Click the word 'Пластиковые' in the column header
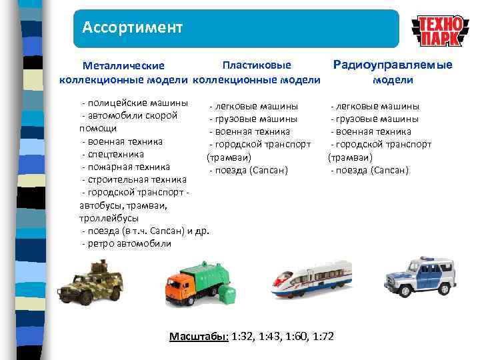(x=257, y=65)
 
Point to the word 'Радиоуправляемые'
(x=393, y=65)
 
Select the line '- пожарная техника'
(x=125, y=167)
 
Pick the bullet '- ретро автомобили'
(x=126, y=243)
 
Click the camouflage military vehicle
(x=90, y=282)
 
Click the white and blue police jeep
(x=420, y=275)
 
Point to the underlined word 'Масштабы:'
(x=198, y=336)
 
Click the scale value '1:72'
(x=323, y=336)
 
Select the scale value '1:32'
(x=242, y=336)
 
